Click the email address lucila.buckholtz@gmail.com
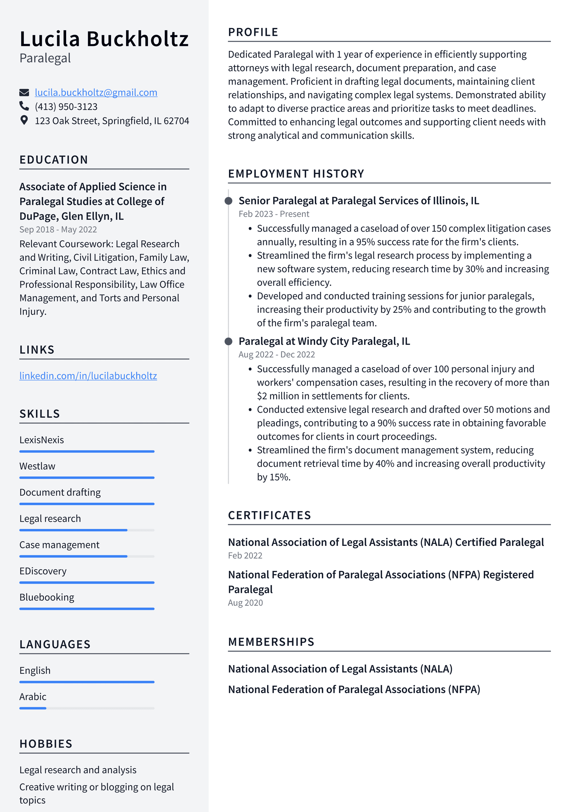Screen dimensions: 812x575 96,93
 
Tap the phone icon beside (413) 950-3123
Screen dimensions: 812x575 24,106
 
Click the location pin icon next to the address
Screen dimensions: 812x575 24,120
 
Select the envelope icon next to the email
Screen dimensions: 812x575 24,93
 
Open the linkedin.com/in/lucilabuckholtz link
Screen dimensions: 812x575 88,376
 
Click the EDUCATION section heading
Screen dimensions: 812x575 54,160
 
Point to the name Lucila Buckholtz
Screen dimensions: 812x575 104,39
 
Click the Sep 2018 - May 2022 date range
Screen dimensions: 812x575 58,229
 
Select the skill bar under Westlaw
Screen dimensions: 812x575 87,478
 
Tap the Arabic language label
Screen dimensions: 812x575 33,697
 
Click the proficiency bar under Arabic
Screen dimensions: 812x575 87,708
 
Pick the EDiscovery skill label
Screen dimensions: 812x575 43,571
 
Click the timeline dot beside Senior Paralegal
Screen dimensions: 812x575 228,201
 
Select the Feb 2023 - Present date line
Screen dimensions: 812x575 273,214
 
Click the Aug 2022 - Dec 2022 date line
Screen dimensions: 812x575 276,354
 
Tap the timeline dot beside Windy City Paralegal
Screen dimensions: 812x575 228,341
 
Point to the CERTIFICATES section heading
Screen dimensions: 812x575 270,515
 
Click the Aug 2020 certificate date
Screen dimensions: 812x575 245,603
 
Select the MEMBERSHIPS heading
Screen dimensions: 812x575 271,642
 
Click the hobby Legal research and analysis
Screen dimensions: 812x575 78,770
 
